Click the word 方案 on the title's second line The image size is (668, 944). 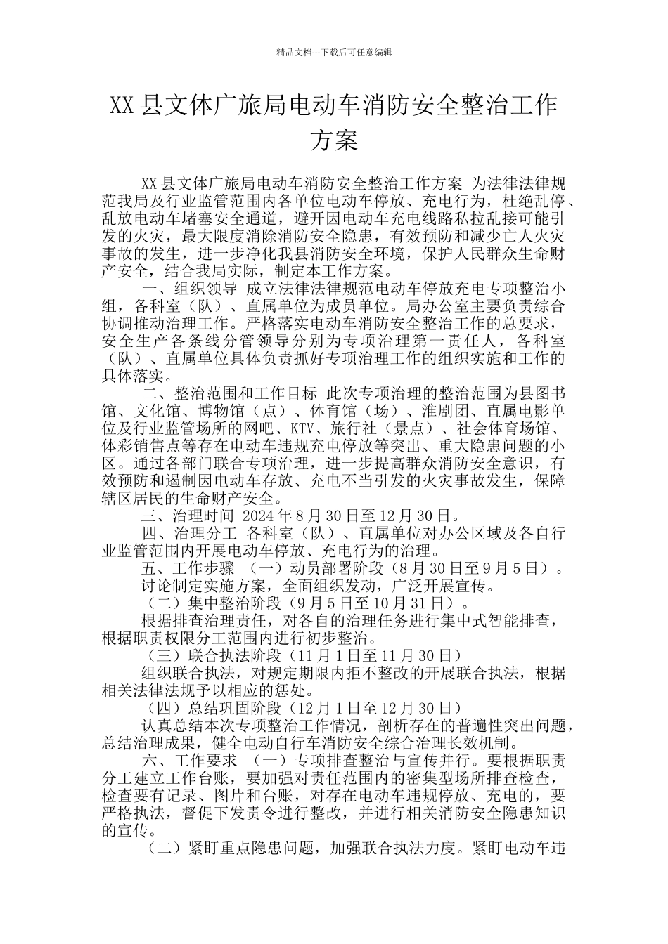tap(334, 140)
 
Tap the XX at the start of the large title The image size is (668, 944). tap(124, 106)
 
